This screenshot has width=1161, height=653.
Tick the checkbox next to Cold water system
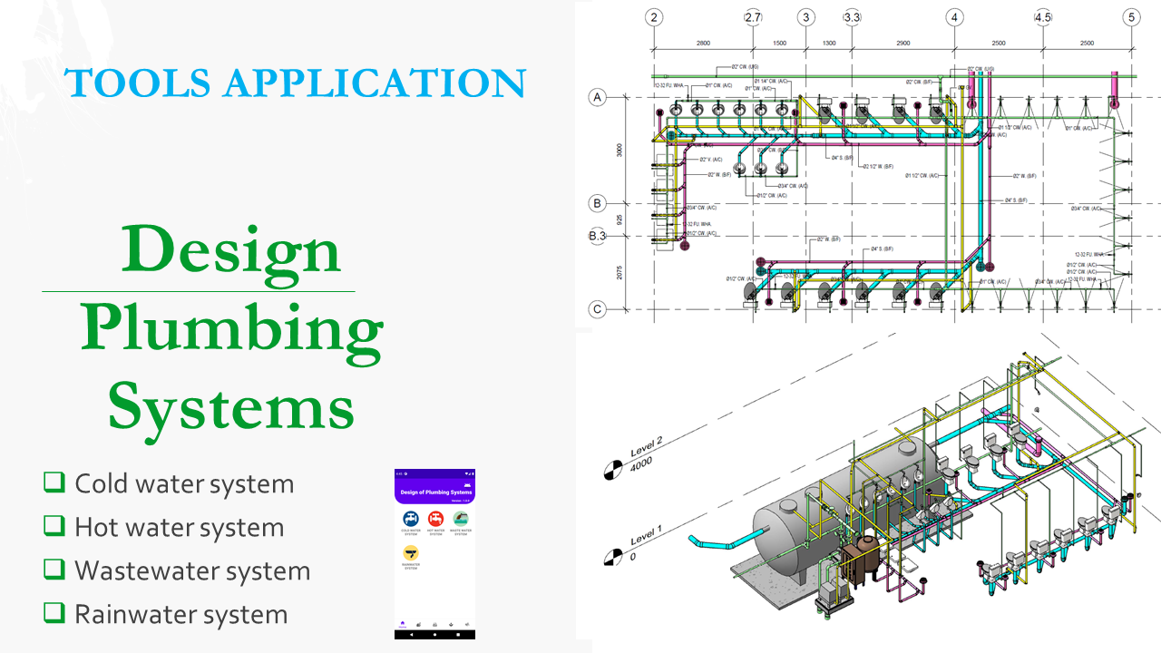tap(54, 482)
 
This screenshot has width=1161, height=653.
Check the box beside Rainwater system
tap(54, 613)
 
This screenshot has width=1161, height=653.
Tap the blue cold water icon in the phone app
tap(411, 519)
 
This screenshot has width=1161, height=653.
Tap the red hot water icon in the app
tap(435, 519)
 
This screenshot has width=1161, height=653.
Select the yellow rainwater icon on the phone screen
tap(411, 552)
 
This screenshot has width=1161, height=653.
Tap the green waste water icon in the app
tap(461, 519)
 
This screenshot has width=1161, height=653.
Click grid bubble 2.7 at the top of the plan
tap(753, 17)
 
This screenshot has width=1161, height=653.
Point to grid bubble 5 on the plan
tap(1130, 17)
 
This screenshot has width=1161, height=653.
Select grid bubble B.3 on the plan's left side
tap(597, 237)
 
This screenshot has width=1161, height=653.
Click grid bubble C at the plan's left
tap(597, 309)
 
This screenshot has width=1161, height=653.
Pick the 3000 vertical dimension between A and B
tap(620, 151)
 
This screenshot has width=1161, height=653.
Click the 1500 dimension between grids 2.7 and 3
tap(778, 43)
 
